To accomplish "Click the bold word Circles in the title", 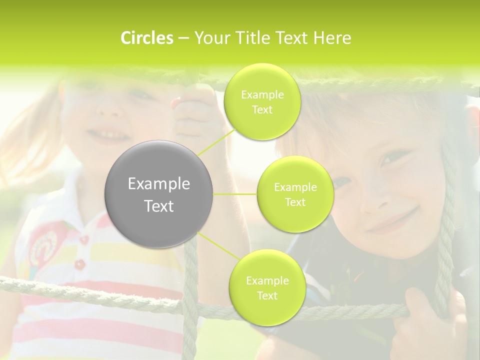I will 146,38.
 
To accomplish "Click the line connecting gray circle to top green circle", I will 216,142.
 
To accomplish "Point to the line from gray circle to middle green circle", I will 235,194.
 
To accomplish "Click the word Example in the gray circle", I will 158,184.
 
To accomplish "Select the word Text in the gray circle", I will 158,206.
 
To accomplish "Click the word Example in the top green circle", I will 262,95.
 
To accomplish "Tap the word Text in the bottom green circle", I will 267,295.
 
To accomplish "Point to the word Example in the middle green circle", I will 295,187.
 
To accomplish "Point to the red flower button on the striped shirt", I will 80,263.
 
